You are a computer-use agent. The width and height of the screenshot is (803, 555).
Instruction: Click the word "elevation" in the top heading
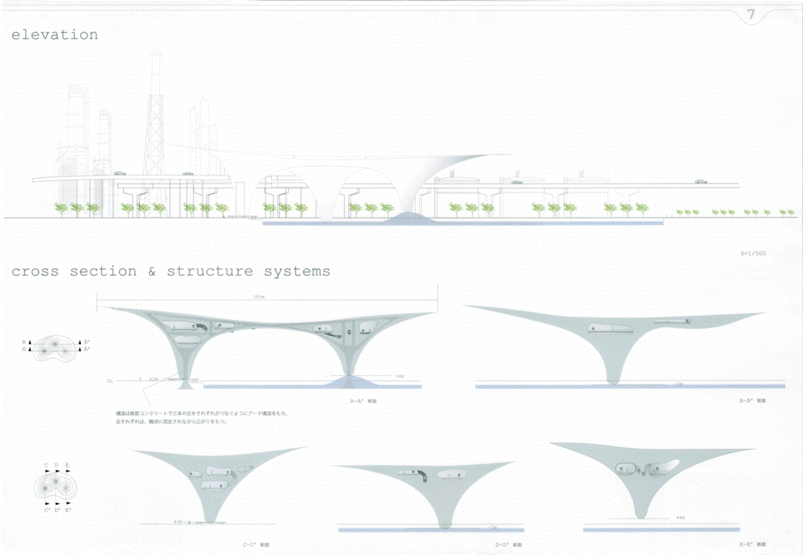(54, 35)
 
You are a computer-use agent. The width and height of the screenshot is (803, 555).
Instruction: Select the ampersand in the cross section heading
(151, 271)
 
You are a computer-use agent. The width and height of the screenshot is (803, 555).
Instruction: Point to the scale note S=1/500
(752, 254)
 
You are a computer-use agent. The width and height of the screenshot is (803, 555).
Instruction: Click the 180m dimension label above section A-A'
(259, 297)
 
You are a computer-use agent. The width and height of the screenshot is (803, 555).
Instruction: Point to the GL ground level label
(108, 379)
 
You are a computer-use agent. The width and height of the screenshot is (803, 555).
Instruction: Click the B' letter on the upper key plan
(87, 342)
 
